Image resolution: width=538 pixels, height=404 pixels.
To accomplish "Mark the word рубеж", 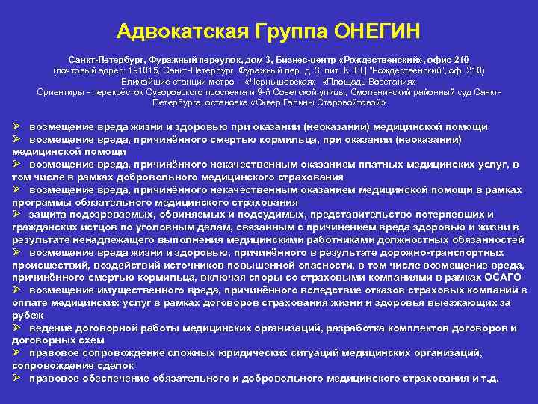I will coord(27,315).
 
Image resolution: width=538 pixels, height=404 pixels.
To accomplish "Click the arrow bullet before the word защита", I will coord(17,215).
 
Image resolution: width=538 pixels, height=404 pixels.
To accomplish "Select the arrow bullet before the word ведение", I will coord(17,328).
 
